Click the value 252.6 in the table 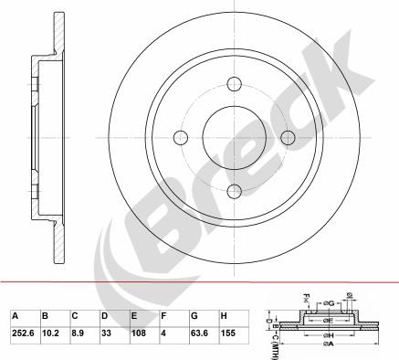click(22, 334)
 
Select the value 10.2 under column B click(51, 334)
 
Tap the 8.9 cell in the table click(79, 334)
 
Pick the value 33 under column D click(107, 334)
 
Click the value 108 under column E click(137, 334)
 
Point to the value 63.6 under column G click(198, 334)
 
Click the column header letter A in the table click(16, 316)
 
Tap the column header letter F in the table click(163, 316)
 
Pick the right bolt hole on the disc click(289, 138)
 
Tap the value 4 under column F click(163, 334)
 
